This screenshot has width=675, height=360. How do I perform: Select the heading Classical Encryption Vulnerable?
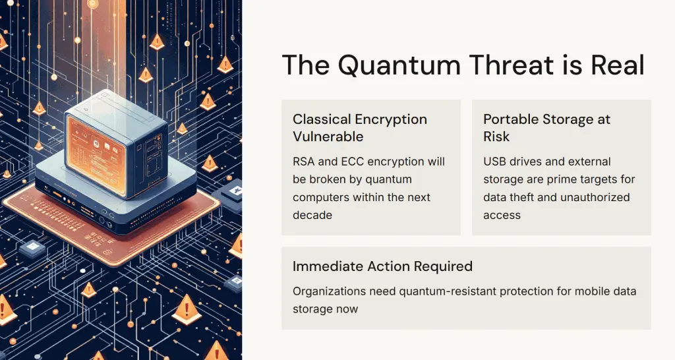[x=360, y=127]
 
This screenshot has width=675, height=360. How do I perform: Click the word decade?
[x=312, y=215]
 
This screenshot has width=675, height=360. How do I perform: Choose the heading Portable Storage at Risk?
[x=546, y=127]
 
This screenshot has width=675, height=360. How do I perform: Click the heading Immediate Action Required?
[x=383, y=266]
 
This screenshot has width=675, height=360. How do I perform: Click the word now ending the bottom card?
[x=347, y=309]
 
